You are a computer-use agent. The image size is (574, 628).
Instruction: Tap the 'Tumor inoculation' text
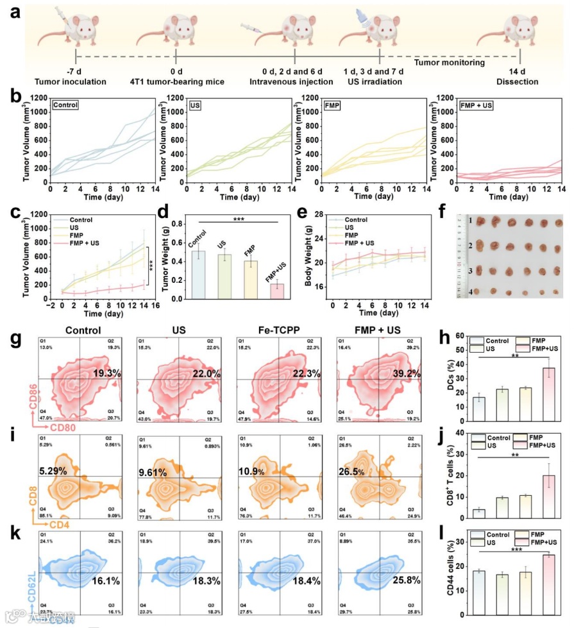coord(76,82)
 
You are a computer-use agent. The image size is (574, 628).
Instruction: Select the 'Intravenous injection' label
coord(294,82)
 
